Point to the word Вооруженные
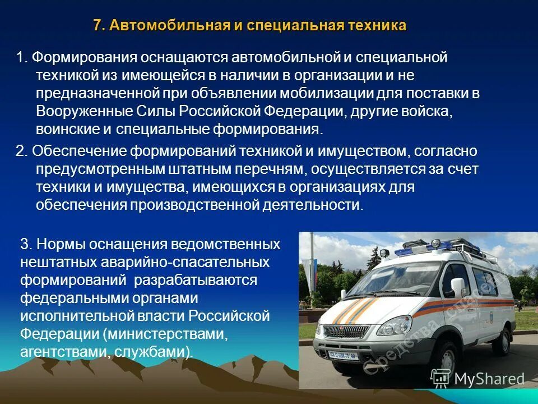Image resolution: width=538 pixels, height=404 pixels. [x=72, y=111]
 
